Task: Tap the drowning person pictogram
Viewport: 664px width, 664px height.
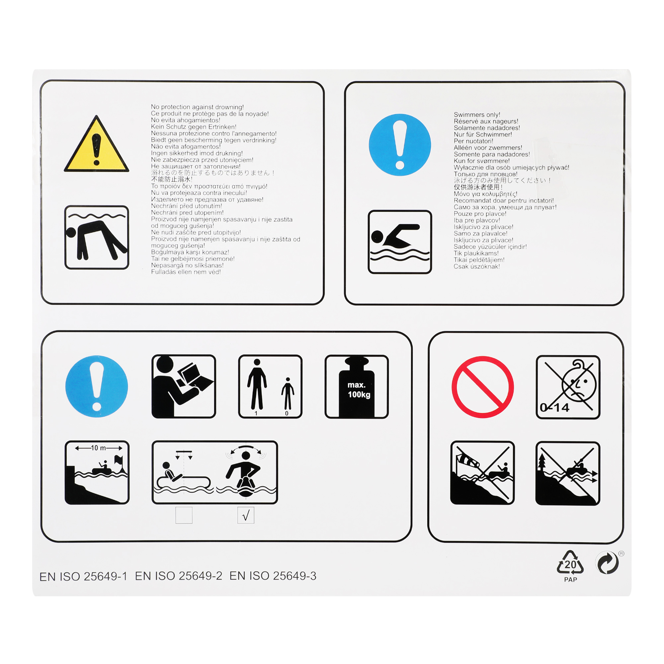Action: coord(97,237)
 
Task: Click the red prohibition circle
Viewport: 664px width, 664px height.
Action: coord(482,387)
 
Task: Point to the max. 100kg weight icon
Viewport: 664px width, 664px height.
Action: coord(356,387)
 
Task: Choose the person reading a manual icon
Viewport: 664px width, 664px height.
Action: coord(184,387)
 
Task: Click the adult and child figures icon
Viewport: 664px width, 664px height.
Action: coord(270,387)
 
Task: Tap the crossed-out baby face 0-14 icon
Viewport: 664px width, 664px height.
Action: coord(568,387)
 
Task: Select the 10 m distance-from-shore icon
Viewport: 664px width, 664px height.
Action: coord(97,472)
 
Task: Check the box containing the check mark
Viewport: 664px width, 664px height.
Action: coord(246,515)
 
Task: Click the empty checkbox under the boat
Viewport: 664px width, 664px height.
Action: coord(184,515)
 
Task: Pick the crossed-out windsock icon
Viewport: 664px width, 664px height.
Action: coord(482,473)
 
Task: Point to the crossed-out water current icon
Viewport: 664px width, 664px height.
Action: coord(568,473)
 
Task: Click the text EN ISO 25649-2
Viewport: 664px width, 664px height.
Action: coord(178,576)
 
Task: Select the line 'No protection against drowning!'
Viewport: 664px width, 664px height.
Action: coord(197,107)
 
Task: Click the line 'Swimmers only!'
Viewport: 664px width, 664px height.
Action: coord(477,115)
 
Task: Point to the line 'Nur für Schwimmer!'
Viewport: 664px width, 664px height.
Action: coord(483,134)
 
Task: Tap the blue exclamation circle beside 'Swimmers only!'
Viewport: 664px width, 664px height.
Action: coord(400,145)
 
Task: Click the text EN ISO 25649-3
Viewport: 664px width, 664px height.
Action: coord(273,576)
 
